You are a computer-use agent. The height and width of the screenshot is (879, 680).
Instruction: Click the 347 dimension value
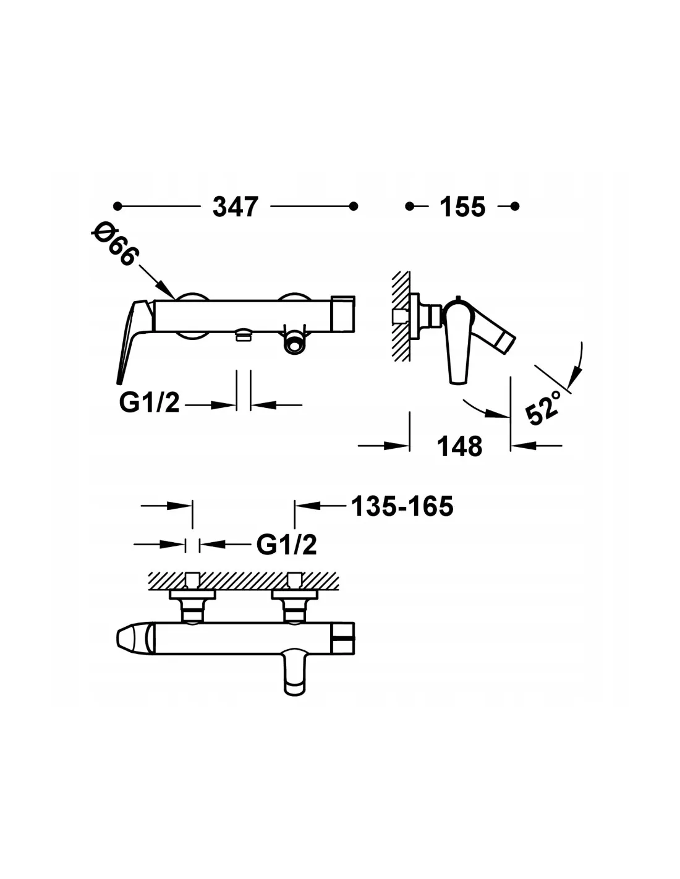[x=235, y=207]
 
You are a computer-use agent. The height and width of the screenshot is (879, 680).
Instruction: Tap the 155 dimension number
[x=462, y=207]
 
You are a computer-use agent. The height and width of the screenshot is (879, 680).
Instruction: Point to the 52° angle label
[x=544, y=407]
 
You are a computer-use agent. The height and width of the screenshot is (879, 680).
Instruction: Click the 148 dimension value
[x=459, y=446]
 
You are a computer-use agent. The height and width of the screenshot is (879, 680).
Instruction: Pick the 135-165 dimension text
[x=402, y=506]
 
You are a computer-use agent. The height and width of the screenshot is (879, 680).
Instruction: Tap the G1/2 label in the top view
[x=286, y=545]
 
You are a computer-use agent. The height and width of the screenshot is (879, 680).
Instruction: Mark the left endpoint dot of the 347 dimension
[x=117, y=206]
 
